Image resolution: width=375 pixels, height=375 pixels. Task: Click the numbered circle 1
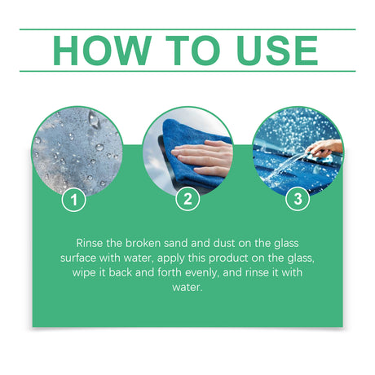tap(74, 198)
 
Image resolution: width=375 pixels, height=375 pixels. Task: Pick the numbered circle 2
tap(187, 198)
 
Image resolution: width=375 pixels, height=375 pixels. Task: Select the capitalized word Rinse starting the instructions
tap(90, 244)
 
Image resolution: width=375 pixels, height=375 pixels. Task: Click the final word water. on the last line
tap(187, 288)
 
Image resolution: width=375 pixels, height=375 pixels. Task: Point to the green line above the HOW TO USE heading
tap(187, 29)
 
